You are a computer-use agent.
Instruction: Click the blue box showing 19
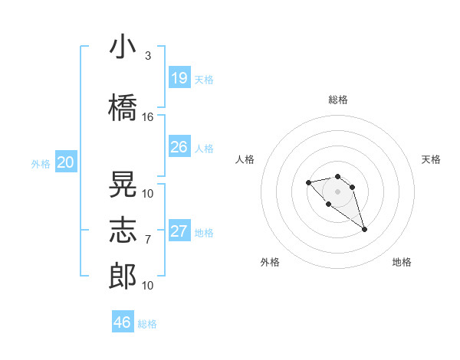[x=179, y=78]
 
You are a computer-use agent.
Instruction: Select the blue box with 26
[x=179, y=147]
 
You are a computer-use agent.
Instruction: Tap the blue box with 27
[x=179, y=231]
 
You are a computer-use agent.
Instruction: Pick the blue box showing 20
[x=66, y=162]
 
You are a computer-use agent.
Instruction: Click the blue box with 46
[x=123, y=322]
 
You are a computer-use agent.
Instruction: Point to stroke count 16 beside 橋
[x=148, y=117]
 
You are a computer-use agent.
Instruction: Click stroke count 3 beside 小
[x=148, y=56]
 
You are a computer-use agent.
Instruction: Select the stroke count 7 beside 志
[x=148, y=240]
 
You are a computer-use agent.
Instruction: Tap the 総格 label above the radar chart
[x=337, y=100]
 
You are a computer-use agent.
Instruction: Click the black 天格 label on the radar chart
[x=431, y=159]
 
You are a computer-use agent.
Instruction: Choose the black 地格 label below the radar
[x=402, y=262]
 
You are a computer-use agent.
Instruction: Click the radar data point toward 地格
[x=364, y=229]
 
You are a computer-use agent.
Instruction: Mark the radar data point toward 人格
[x=308, y=182]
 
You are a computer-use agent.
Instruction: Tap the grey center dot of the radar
[x=337, y=191]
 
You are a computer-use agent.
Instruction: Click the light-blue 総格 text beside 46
[x=147, y=324]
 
